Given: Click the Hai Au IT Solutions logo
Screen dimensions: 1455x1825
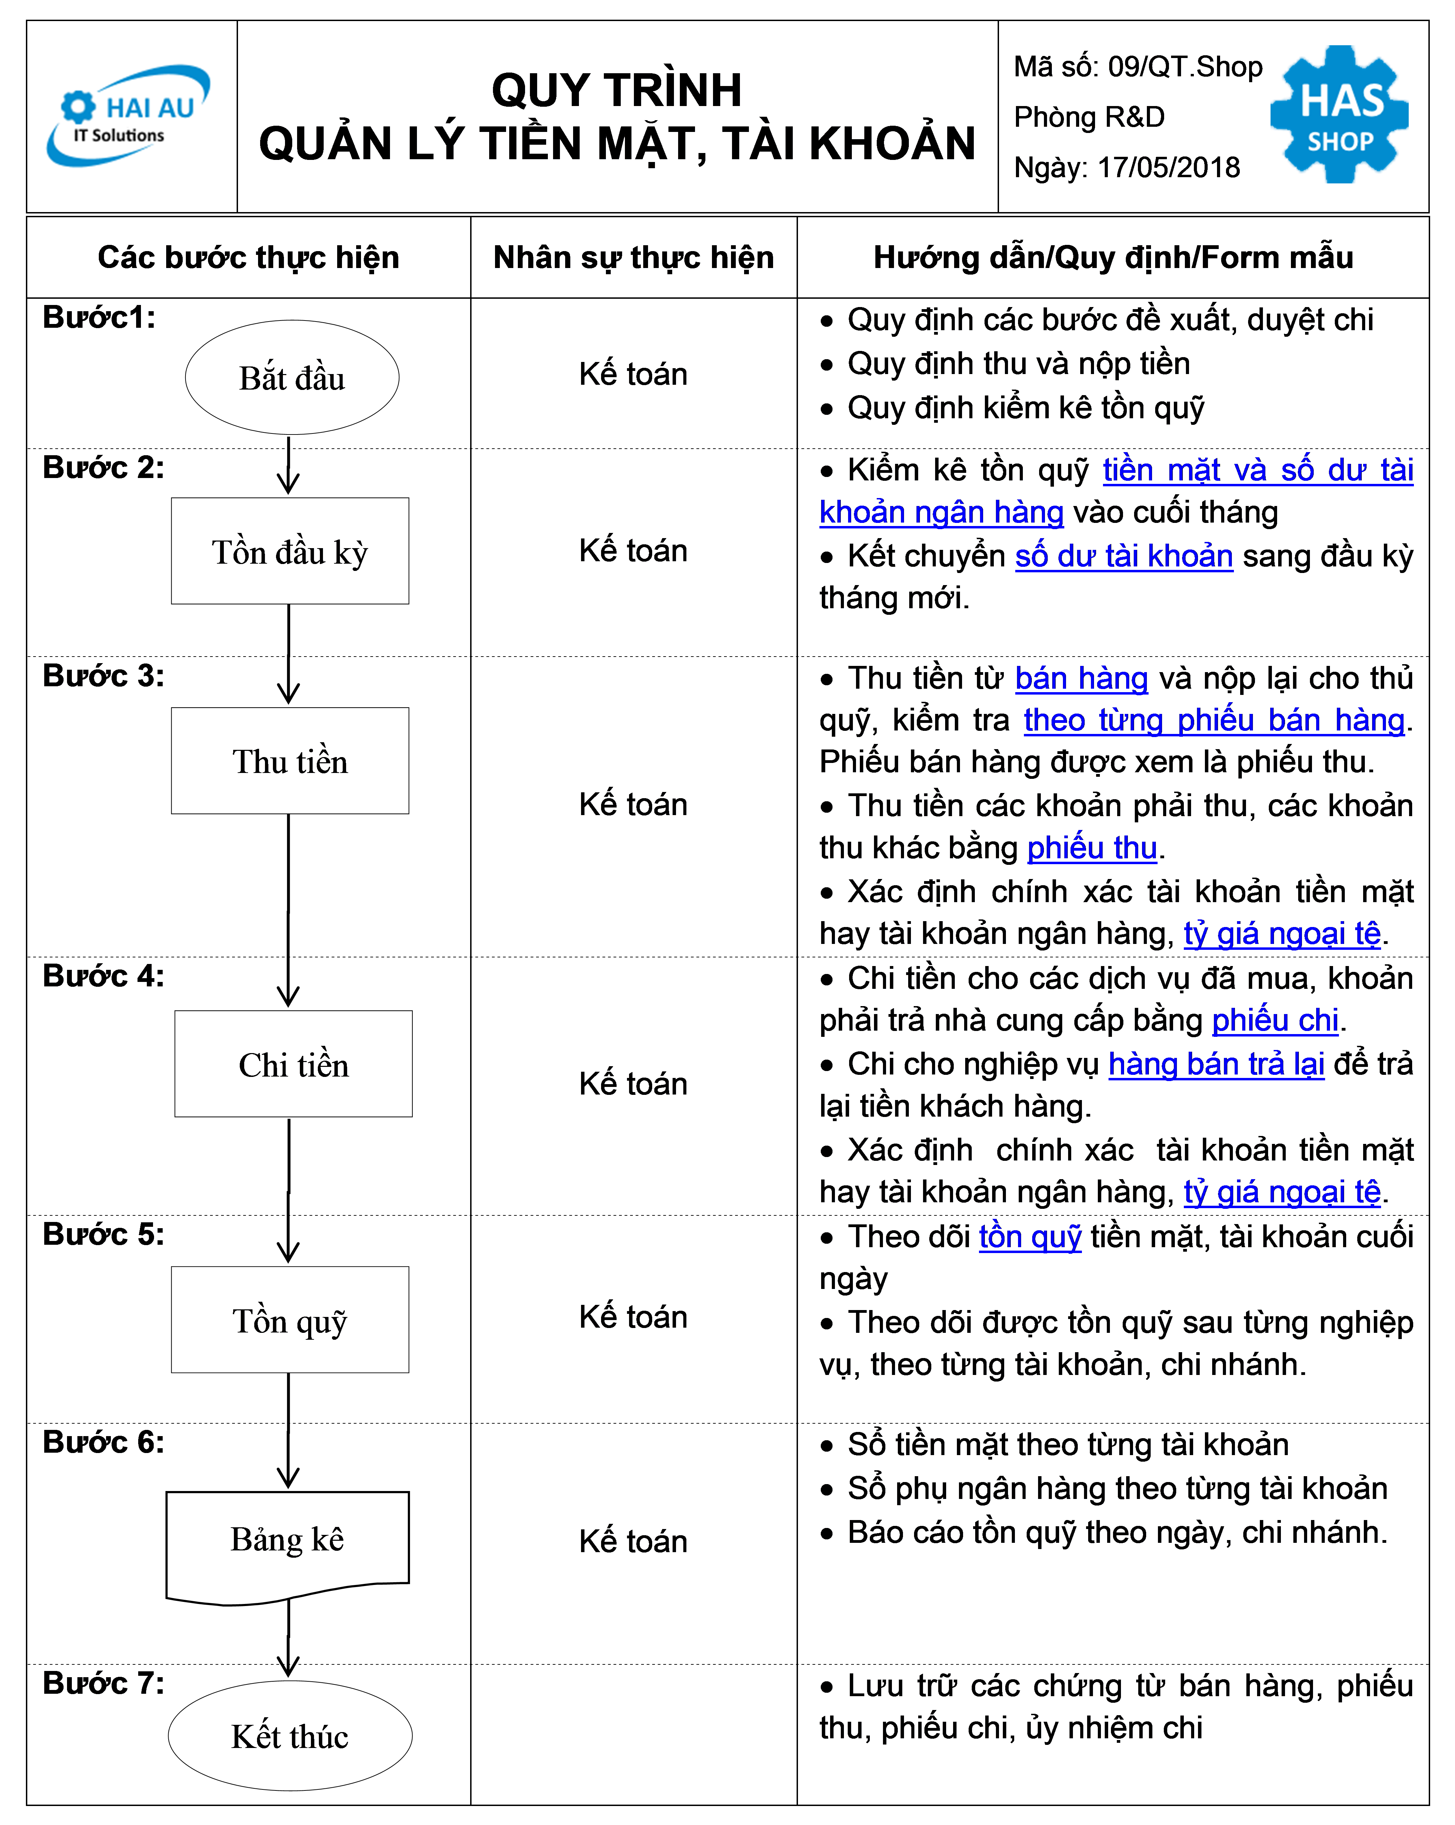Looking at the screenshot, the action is (127, 116).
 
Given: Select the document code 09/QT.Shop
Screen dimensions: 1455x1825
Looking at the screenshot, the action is (1185, 67).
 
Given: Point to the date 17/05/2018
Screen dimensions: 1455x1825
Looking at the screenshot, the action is (1168, 168).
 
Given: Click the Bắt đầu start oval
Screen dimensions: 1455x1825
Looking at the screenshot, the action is (292, 378).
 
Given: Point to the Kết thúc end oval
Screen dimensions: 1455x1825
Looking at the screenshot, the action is (290, 1736).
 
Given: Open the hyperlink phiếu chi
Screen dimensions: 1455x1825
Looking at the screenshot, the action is (1275, 1021).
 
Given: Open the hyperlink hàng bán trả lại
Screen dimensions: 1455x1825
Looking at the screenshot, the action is (1216, 1064).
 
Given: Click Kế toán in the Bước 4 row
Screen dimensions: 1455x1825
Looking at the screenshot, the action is (633, 1083).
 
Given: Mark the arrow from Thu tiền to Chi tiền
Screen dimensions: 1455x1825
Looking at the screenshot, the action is (289, 911).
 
